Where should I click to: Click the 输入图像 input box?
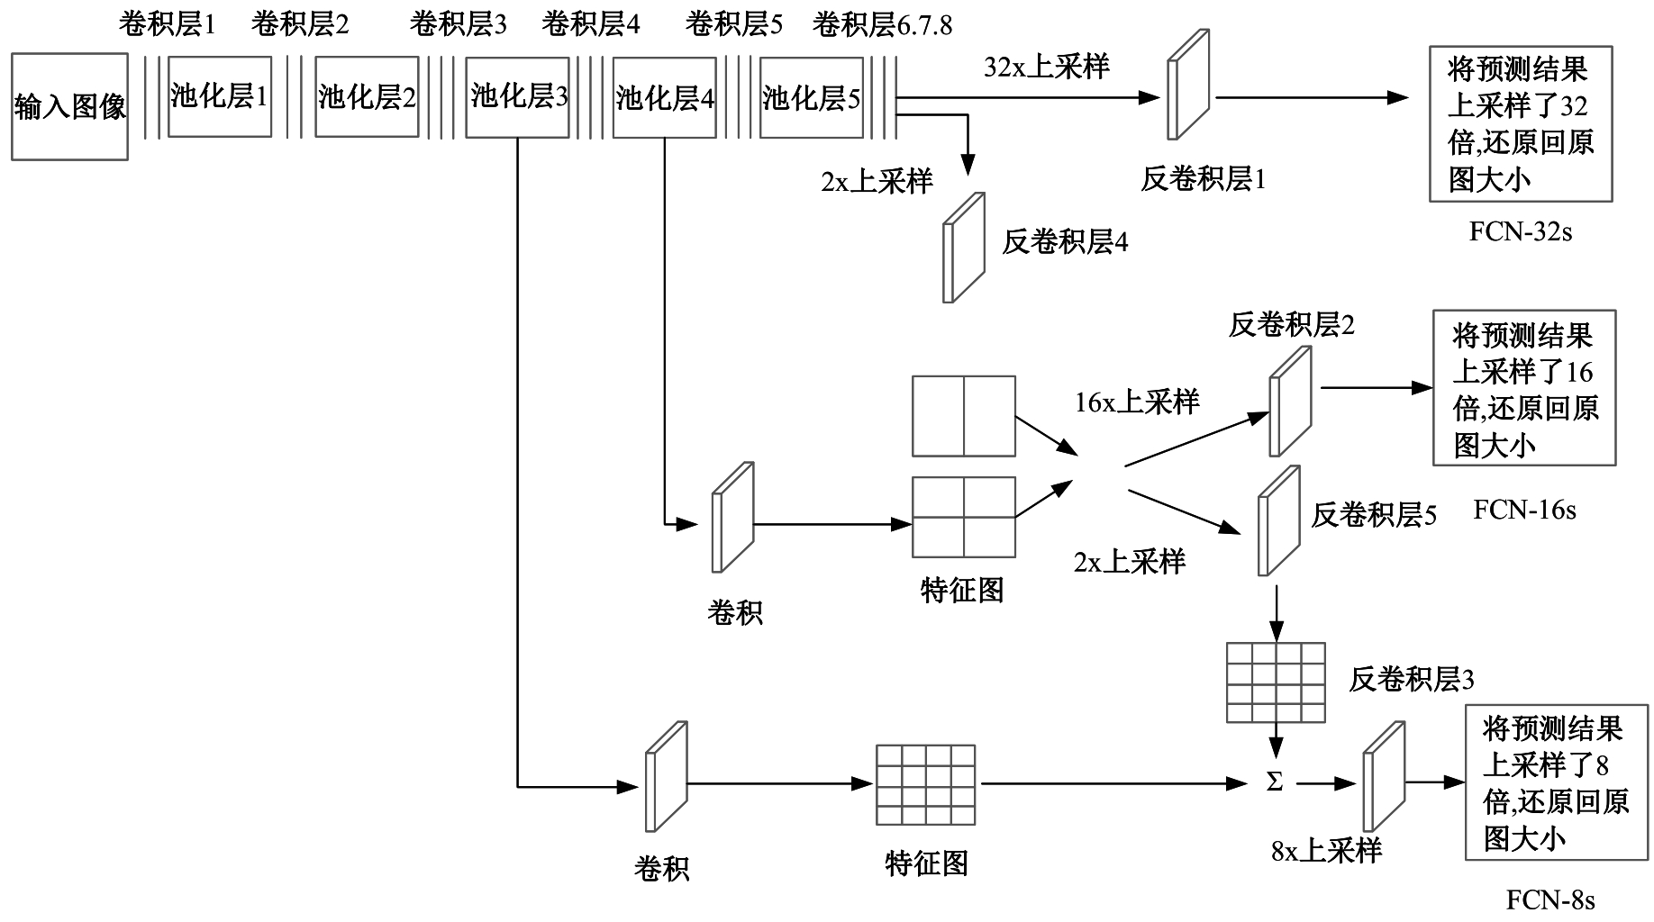click(69, 107)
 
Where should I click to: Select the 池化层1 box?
click(220, 96)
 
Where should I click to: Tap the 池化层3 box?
click(518, 96)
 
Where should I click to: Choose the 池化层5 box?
click(811, 97)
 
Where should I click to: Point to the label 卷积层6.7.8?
click(882, 24)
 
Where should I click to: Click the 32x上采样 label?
click(1046, 67)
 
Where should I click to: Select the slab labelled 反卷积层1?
click(1187, 86)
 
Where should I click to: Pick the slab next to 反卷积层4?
click(963, 248)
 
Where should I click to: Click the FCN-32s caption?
click(1520, 231)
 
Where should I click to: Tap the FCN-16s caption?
click(1524, 511)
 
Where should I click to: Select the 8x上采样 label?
click(1326, 851)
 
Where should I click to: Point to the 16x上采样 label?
click(1137, 402)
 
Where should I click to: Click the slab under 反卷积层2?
click(1290, 402)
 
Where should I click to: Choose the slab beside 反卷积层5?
click(1278, 520)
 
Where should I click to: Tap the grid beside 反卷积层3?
click(1276, 682)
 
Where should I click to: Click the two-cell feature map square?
click(963, 416)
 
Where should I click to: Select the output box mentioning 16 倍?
click(1524, 388)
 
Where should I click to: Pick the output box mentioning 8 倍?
click(1555, 782)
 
